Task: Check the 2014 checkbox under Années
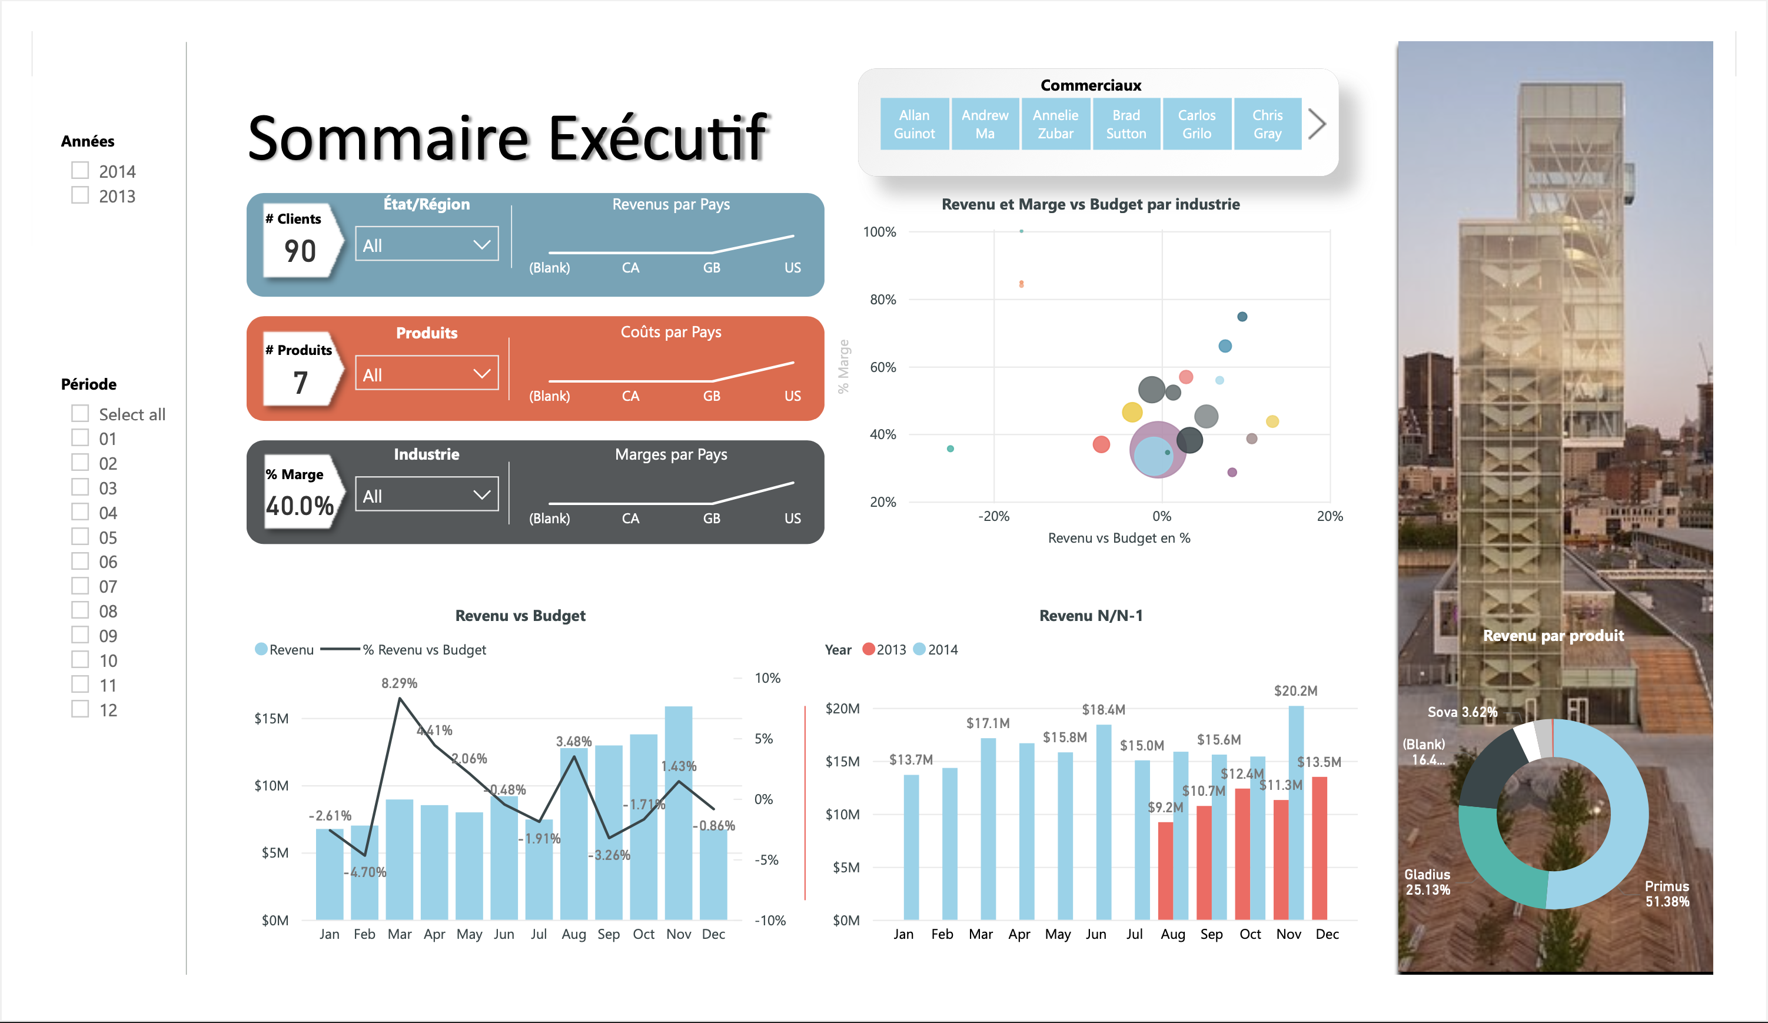(x=80, y=171)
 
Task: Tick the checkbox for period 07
(x=80, y=586)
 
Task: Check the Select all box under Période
(x=80, y=413)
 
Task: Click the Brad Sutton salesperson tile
(x=1126, y=124)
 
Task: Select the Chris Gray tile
(x=1267, y=124)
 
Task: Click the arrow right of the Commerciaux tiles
(x=1317, y=124)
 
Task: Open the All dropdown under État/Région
(x=427, y=244)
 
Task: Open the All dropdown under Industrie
(x=427, y=494)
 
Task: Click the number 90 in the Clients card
(x=300, y=251)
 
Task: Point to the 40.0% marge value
(x=300, y=505)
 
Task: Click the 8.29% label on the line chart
(x=399, y=683)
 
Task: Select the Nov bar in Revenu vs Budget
(x=679, y=814)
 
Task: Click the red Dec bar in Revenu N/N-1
(x=1319, y=849)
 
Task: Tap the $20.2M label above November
(x=1295, y=691)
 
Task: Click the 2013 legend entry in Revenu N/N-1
(x=884, y=650)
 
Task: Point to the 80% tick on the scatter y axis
(x=883, y=300)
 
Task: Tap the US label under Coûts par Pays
(x=792, y=396)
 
